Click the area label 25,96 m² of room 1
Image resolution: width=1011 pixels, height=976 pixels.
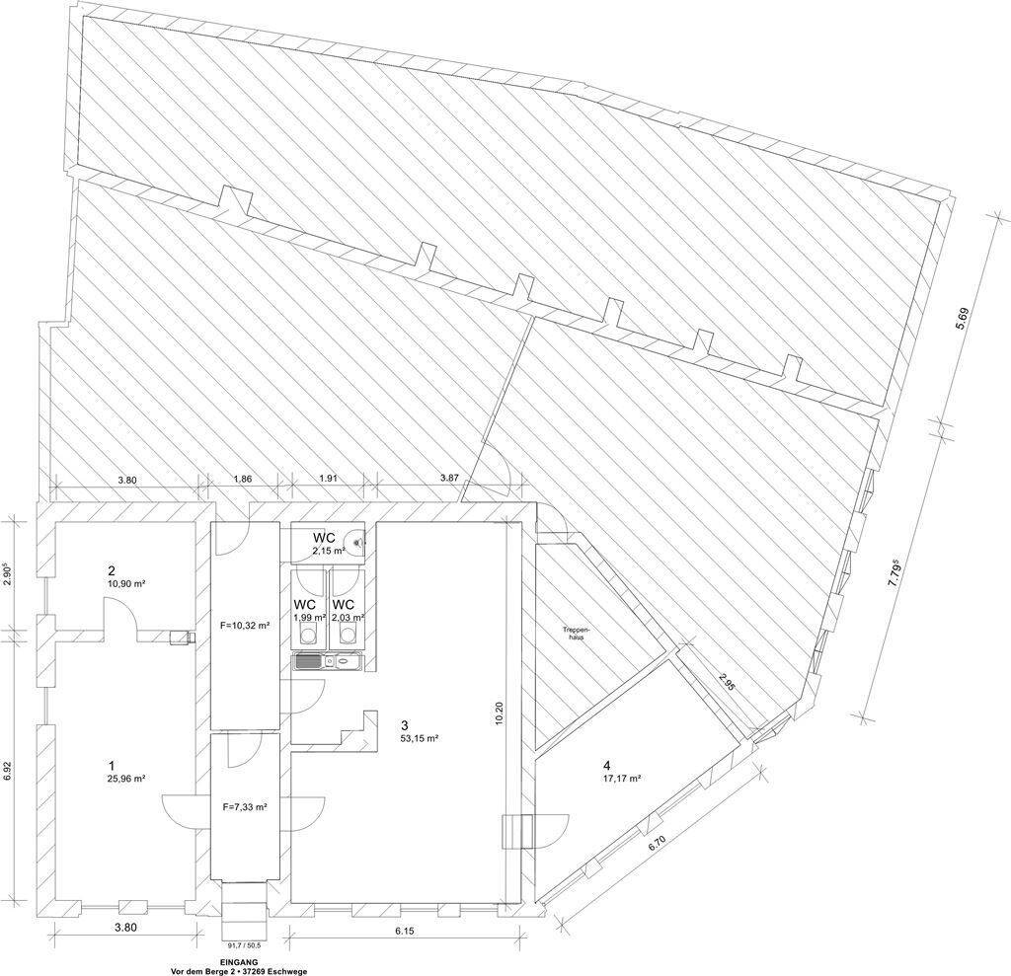pyautogui.click(x=126, y=778)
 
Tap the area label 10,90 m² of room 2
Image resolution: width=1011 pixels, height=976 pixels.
pyautogui.click(x=125, y=583)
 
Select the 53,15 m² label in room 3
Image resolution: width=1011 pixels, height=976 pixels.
pyautogui.click(x=420, y=739)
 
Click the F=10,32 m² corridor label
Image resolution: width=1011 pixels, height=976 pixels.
pyautogui.click(x=245, y=625)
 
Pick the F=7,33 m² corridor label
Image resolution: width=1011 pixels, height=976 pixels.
pyautogui.click(x=245, y=806)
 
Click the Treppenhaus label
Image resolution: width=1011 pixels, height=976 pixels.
pyautogui.click(x=573, y=632)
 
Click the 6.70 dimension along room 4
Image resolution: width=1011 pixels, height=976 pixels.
pyautogui.click(x=657, y=845)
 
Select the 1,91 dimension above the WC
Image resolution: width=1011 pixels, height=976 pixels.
pyautogui.click(x=329, y=479)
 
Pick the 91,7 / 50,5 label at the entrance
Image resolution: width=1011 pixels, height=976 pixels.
pyautogui.click(x=244, y=946)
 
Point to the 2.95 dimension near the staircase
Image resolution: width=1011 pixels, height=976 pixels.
pyautogui.click(x=726, y=681)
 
